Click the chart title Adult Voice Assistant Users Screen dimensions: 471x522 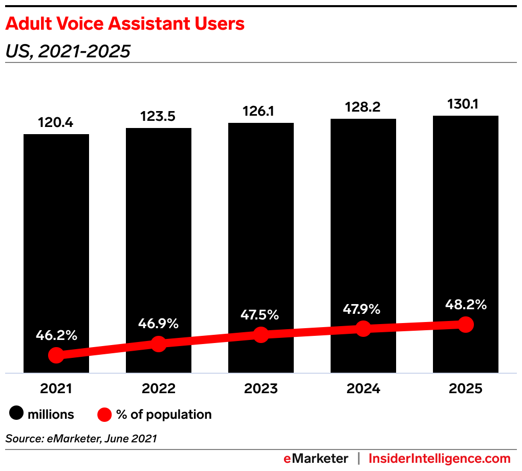pyautogui.click(x=125, y=24)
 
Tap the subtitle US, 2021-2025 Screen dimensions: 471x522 pyautogui.click(x=68, y=51)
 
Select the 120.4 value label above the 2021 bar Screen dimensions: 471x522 pyautogui.click(x=56, y=123)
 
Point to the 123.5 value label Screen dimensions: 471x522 pyautogui.click(x=159, y=116)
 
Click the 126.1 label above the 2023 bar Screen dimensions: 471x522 pyautogui.click(x=261, y=112)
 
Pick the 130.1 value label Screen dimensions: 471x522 pyautogui.click(x=466, y=104)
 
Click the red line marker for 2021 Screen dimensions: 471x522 pyautogui.click(x=56, y=355)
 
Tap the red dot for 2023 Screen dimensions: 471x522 pyautogui.click(x=261, y=335)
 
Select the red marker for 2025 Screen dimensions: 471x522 pyautogui.click(x=466, y=324)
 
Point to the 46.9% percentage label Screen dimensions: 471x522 pyautogui.click(x=159, y=324)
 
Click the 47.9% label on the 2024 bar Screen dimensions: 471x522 pyautogui.click(x=363, y=309)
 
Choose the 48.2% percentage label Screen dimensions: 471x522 pyautogui.click(x=466, y=305)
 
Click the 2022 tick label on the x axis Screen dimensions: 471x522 pyautogui.click(x=159, y=389)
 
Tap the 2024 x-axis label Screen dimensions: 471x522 pyautogui.click(x=363, y=389)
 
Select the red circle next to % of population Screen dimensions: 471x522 pyautogui.click(x=104, y=414)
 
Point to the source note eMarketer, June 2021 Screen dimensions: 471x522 pyautogui.click(x=81, y=438)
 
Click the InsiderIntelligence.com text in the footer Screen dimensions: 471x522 pyautogui.click(x=440, y=458)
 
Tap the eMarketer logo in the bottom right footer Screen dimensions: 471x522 pyautogui.click(x=316, y=458)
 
